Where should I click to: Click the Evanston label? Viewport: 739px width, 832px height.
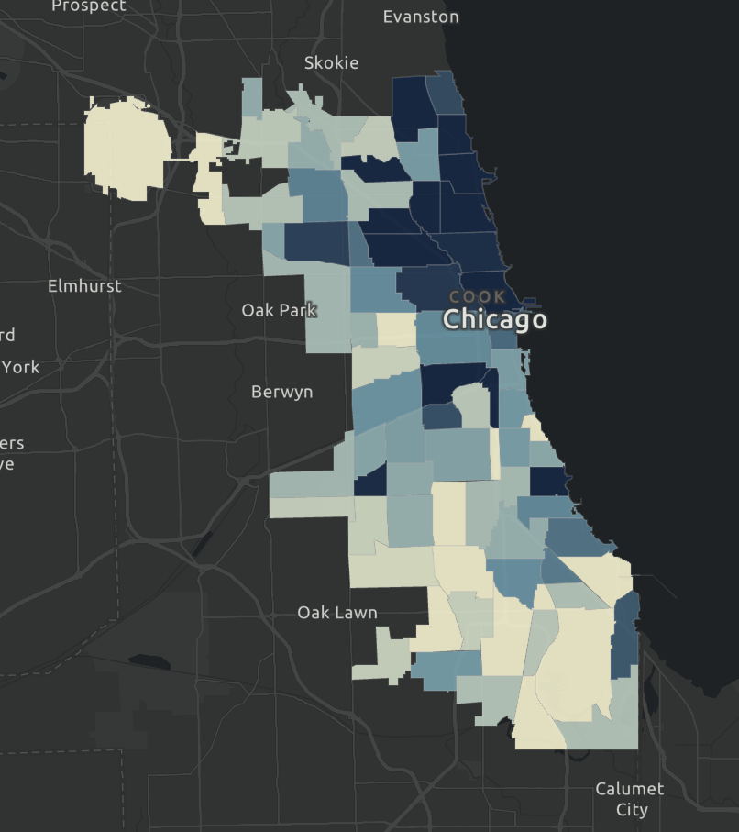coord(421,17)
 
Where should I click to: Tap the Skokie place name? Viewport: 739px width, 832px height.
coord(331,62)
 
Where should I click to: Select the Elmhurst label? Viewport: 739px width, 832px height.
coord(84,285)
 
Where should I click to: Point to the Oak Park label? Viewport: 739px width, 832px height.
coord(279,310)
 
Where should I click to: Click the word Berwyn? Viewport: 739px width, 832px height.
coord(281,392)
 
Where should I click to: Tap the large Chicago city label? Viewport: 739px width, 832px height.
coord(495,319)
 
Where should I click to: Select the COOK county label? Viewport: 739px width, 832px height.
coord(478,297)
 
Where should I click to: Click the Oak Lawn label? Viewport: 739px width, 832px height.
coord(336,612)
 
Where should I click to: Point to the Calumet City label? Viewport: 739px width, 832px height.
coord(629,799)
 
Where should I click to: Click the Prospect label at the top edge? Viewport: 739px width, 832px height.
coord(88,6)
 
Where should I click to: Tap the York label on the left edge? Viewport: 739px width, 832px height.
coord(20,367)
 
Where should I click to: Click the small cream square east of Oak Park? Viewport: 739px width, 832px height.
coord(396,329)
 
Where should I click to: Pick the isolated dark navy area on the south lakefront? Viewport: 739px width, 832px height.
coord(548,481)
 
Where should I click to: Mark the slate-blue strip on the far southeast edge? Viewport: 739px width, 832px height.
coord(624,635)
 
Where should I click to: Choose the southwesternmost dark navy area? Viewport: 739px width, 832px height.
coord(370,483)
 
